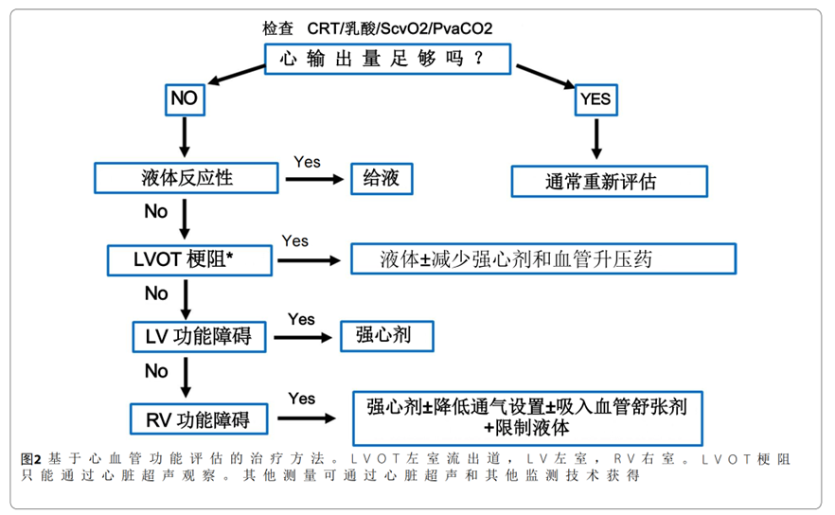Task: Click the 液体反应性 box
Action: point(186,177)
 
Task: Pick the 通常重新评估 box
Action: point(609,181)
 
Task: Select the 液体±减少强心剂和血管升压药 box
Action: point(543,257)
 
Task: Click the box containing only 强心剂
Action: point(387,335)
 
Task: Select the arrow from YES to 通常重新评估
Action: point(595,140)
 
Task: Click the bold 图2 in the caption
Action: point(31,458)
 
